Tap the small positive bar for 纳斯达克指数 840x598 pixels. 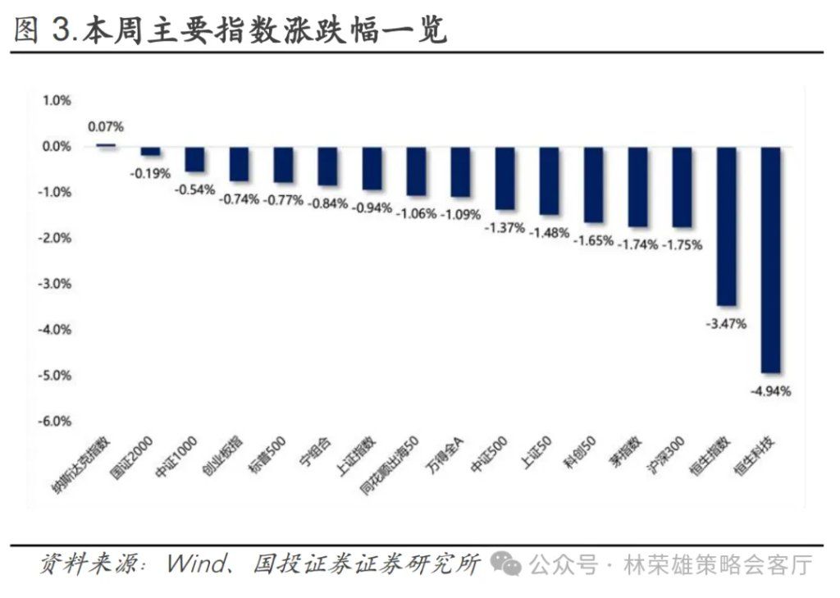point(107,145)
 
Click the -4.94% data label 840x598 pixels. point(770,391)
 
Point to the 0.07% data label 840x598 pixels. point(106,126)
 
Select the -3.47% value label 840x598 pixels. point(726,324)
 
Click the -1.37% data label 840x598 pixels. point(504,228)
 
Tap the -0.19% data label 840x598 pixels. point(150,173)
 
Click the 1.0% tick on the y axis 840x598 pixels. point(57,100)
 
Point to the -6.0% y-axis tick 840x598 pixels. point(55,421)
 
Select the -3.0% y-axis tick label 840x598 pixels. point(55,284)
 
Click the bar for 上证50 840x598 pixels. point(549,180)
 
